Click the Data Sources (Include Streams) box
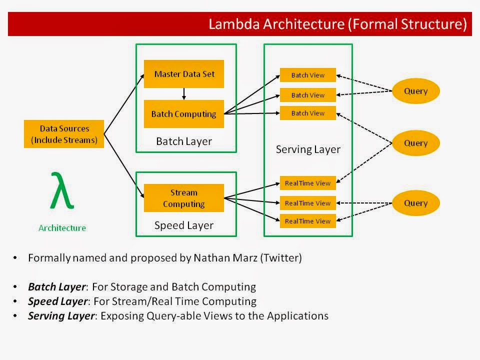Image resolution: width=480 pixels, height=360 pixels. (64, 134)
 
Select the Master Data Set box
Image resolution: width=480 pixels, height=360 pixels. (184, 74)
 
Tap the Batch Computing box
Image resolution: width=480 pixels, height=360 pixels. (184, 114)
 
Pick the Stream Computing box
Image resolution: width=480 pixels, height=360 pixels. (184, 198)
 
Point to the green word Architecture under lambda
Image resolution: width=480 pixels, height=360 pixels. (62, 228)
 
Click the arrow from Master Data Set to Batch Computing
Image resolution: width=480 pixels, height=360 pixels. (184, 94)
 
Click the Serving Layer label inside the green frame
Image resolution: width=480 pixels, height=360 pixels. (308, 149)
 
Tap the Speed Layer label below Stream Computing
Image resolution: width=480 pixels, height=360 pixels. (184, 225)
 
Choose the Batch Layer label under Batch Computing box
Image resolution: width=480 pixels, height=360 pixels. (184, 141)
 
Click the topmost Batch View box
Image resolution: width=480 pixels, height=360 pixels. (308, 75)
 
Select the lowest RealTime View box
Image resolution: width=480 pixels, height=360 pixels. (308, 221)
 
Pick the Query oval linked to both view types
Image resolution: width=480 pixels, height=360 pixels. (416, 143)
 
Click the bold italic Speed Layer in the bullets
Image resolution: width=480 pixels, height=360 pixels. (57, 301)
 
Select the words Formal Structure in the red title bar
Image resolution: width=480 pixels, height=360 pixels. (406, 24)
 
